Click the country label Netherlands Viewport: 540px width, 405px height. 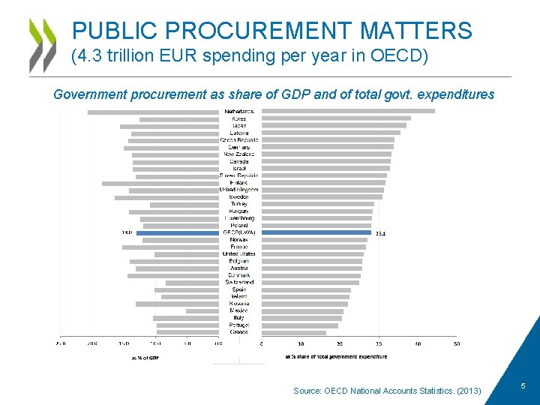(238, 112)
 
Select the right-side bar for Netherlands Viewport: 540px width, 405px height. (348, 112)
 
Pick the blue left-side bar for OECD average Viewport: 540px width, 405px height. (177, 232)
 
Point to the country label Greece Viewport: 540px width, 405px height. (238, 332)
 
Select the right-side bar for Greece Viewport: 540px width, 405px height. (294, 332)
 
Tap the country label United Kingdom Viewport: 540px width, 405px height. (238, 190)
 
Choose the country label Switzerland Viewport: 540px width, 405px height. (238, 282)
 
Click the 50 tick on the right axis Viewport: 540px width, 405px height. (456, 343)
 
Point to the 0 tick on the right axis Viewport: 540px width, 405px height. (262, 343)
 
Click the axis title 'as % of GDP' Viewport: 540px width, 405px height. (145, 358)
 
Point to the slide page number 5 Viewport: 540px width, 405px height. (523, 385)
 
